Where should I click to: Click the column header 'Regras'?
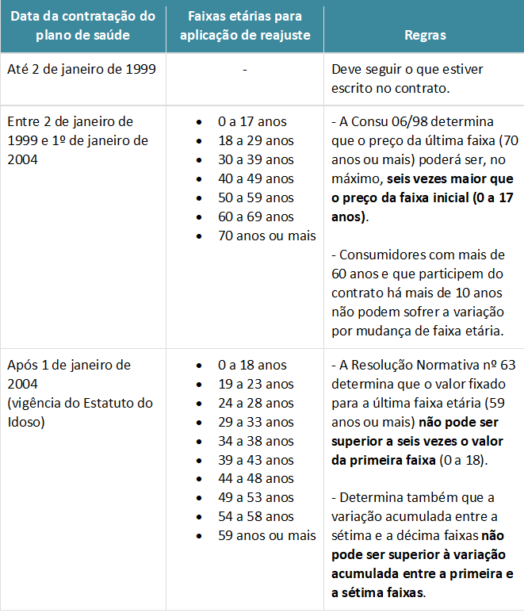tap(425, 35)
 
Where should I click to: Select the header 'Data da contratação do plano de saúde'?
tap(82, 25)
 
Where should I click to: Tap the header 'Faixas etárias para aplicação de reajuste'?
tap(244, 25)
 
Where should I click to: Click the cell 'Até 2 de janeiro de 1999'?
tap(82, 69)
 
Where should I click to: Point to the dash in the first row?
tap(245, 70)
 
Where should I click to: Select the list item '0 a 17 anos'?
tap(252, 121)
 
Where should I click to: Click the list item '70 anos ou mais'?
tap(266, 236)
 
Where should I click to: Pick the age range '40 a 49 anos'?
tap(255, 178)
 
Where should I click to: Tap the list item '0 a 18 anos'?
tap(252, 365)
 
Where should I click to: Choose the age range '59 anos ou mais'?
tap(266, 536)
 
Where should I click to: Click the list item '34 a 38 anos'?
tap(255, 441)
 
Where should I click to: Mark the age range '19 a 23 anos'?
tap(255, 384)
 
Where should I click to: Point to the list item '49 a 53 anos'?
tap(255, 498)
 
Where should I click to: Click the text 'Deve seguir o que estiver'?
tap(407, 69)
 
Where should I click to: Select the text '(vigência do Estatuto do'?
tap(80, 403)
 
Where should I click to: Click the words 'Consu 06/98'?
tap(383, 121)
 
